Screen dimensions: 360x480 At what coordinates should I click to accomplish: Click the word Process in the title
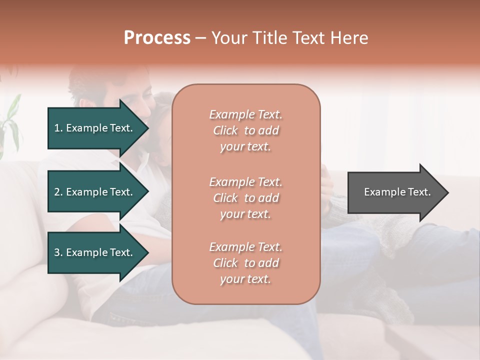click(157, 38)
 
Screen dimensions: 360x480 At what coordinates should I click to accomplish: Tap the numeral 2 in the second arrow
click(57, 192)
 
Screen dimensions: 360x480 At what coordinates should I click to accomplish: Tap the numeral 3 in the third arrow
click(57, 252)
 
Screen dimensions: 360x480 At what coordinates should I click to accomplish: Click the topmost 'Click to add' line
click(245, 130)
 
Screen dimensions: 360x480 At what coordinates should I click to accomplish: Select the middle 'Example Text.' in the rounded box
click(245, 181)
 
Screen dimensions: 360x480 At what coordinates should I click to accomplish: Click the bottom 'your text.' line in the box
click(245, 279)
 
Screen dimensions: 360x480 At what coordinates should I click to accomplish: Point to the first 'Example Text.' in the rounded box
click(245, 114)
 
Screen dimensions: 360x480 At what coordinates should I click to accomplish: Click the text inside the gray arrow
click(397, 192)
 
